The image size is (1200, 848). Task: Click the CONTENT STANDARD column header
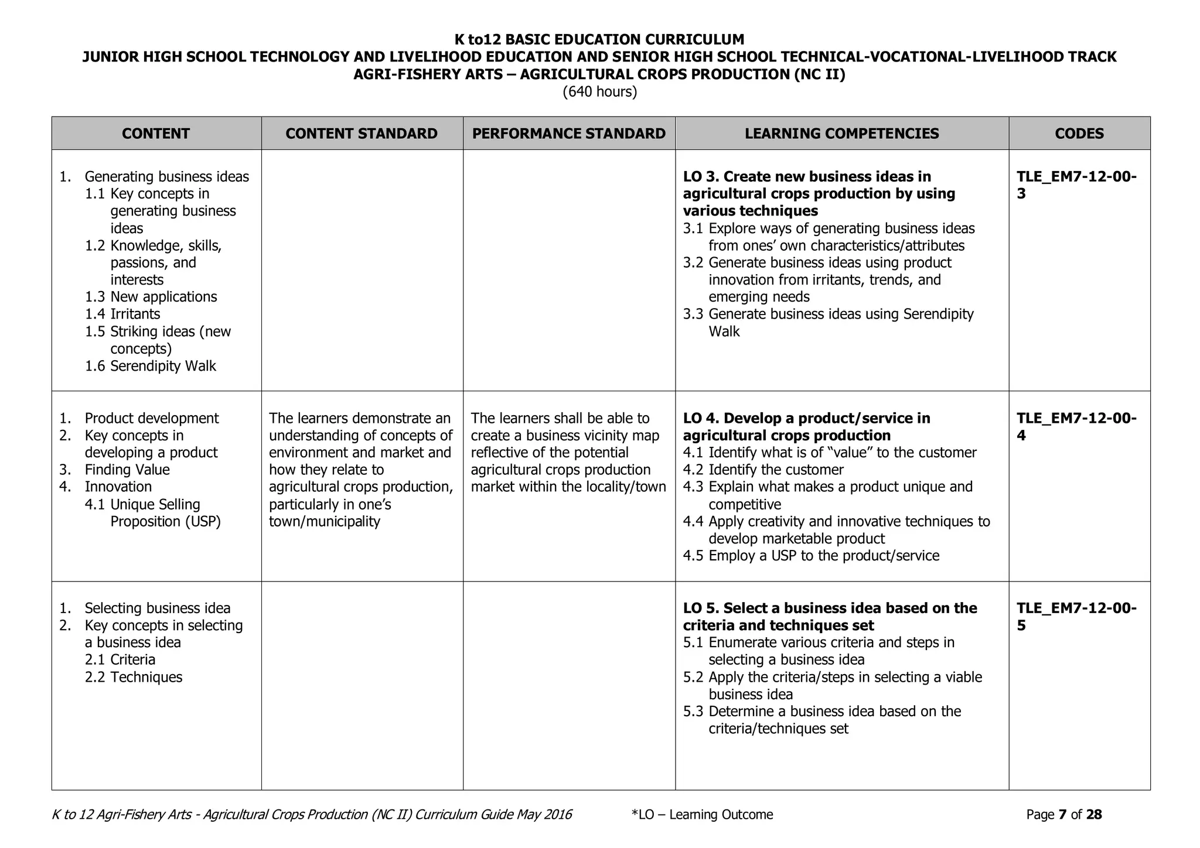click(362, 134)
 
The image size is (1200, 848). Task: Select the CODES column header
click(1079, 134)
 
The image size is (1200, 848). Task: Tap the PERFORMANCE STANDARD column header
click(568, 134)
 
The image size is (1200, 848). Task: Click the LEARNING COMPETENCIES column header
click(841, 134)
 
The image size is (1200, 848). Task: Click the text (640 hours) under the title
click(599, 92)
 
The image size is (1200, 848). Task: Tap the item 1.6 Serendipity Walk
click(151, 366)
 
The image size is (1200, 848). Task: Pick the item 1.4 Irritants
click(122, 314)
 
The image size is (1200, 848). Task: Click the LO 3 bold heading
click(819, 193)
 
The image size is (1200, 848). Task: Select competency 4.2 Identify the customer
click(763, 470)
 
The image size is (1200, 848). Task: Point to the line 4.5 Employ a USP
click(811, 556)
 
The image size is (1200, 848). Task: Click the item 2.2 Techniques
click(134, 677)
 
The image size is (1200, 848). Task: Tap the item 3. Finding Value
click(115, 470)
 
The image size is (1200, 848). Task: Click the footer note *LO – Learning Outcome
click(702, 815)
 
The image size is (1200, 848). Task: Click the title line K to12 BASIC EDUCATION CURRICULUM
click(599, 40)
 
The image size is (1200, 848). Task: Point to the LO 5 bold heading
click(830, 616)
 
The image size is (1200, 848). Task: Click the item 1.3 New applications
click(151, 297)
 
